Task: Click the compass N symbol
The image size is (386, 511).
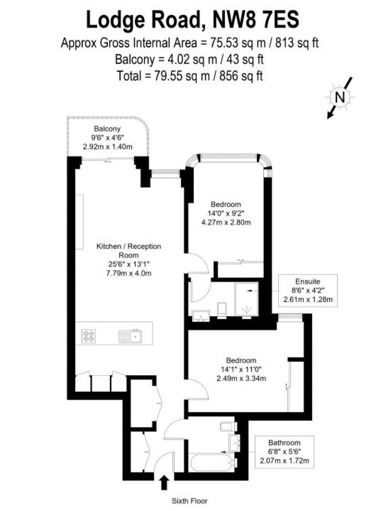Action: click(x=340, y=97)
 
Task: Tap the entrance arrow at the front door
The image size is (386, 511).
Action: click(x=165, y=483)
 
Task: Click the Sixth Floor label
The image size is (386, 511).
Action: click(x=189, y=501)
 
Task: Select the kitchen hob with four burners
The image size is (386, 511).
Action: click(x=89, y=336)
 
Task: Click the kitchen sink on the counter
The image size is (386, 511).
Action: click(x=131, y=336)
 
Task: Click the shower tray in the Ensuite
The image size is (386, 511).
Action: click(x=247, y=299)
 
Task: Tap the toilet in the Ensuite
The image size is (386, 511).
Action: click(x=221, y=310)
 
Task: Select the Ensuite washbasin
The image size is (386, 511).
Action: click(x=201, y=316)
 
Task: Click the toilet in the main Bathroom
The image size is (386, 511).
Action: click(x=225, y=427)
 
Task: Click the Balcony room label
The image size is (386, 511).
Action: click(x=107, y=129)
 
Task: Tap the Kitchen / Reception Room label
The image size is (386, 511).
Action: click(x=128, y=251)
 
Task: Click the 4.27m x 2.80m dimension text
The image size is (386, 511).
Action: click(x=226, y=222)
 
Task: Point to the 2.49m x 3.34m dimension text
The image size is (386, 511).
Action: click(x=241, y=378)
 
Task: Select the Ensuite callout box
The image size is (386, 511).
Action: click(x=308, y=291)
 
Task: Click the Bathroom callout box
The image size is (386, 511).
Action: click(x=285, y=452)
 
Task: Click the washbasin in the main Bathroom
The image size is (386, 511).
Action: click(x=234, y=443)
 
